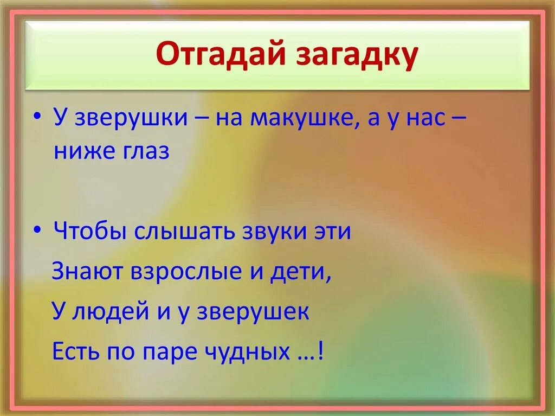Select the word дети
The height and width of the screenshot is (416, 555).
[x=301, y=272]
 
